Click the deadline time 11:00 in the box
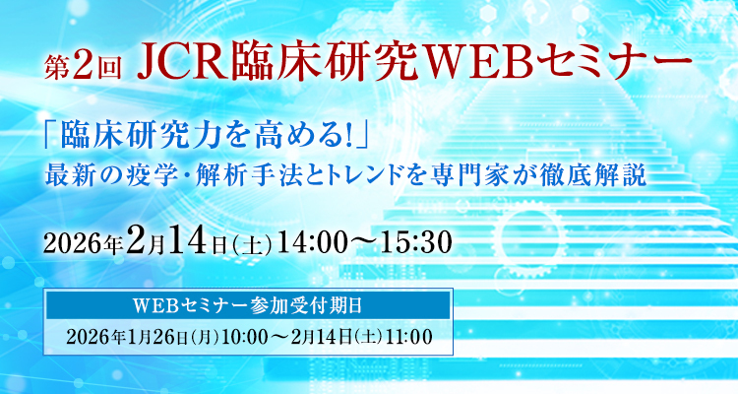pyautogui.click(x=409, y=336)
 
